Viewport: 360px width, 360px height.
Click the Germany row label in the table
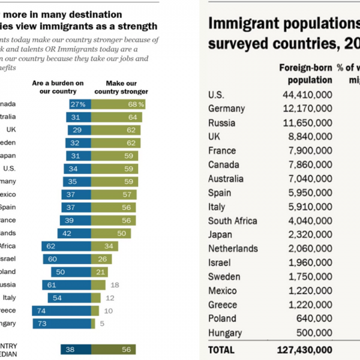226,109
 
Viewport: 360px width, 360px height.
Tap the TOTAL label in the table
221,349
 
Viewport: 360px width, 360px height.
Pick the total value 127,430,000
305,349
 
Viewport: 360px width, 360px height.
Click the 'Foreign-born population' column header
305,73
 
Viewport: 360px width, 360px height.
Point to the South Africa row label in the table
233,221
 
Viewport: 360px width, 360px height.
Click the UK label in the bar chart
11,129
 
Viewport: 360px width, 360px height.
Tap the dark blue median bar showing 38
76,349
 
